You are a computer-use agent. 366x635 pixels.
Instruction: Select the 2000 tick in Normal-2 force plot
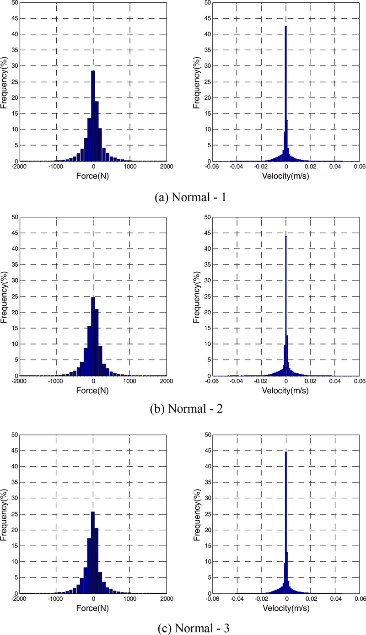pyautogui.click(x=167, y=381)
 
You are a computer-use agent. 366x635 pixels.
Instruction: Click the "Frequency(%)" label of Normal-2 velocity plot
pyautogui.click(x=197, y=296)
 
